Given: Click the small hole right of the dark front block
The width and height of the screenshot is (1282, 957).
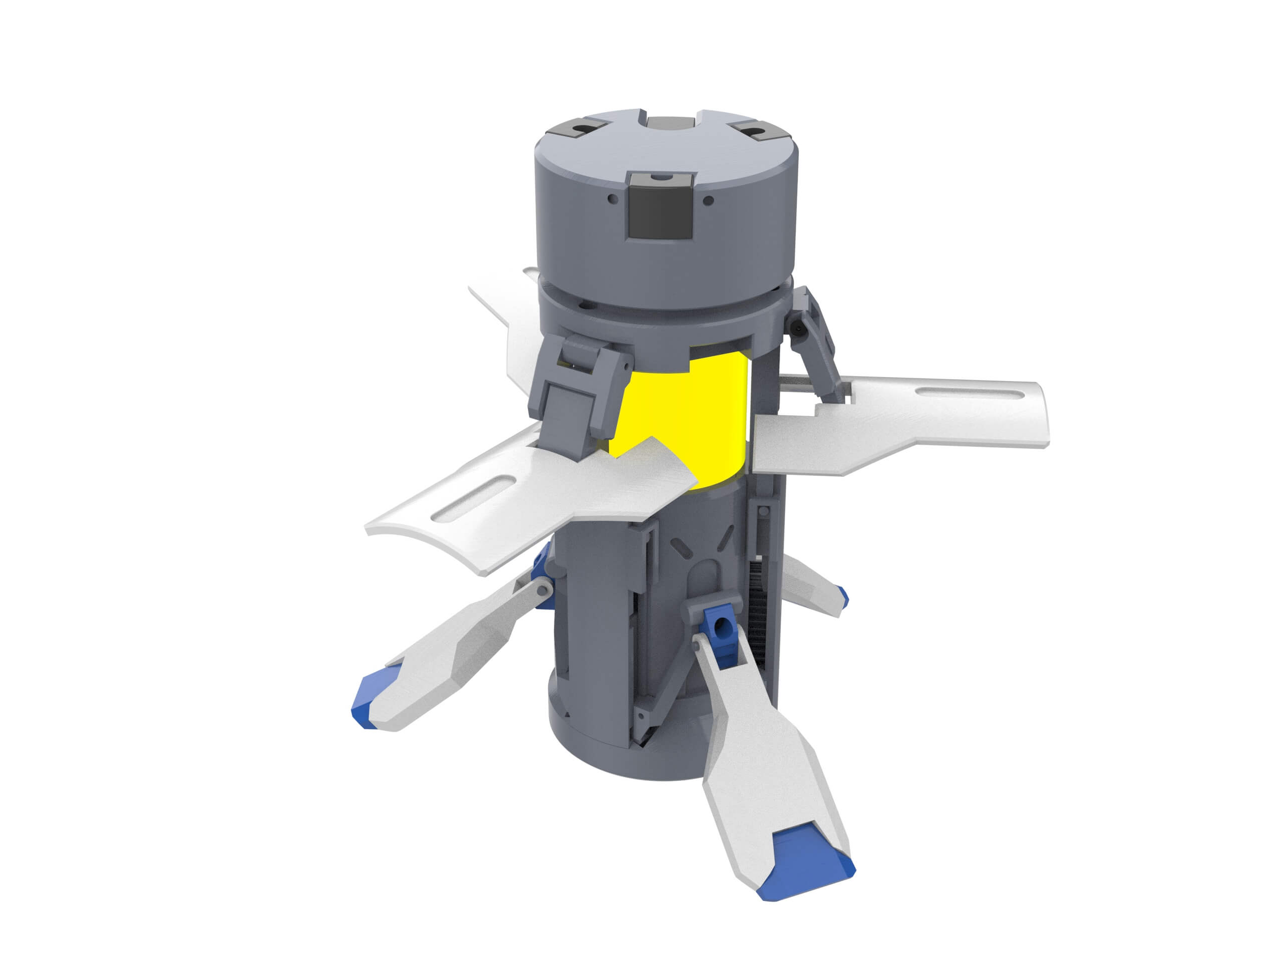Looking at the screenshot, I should point(708,201).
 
